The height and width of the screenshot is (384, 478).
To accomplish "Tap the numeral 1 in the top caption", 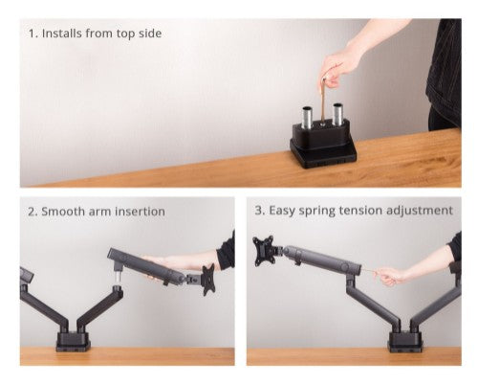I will tap(32, 34).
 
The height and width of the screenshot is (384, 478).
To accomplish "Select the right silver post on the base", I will tap(338, 117).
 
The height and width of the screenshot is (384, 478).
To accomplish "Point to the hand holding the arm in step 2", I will tap(167, 260).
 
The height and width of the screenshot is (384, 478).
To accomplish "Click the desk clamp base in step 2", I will tap(72, 340).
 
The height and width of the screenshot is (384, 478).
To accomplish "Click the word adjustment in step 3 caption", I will tap(421, 211).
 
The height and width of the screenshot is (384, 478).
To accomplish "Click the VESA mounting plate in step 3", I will tap(264, 252).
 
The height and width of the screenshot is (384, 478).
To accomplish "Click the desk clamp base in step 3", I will tap(405, 341).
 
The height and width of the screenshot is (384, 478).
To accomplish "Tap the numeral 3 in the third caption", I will tap(258, 211).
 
